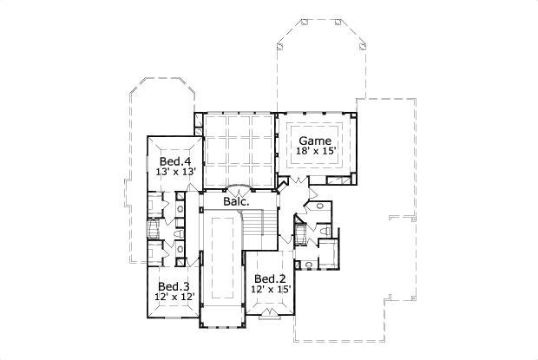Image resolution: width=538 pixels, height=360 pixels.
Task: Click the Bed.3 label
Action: (x=174, y=287)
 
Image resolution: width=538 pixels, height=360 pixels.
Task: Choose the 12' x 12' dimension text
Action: (x=174, y=298)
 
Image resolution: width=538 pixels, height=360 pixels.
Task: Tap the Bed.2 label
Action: (x=269, y=278)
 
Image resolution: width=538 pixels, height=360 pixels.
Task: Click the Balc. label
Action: (x=237, y=202)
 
